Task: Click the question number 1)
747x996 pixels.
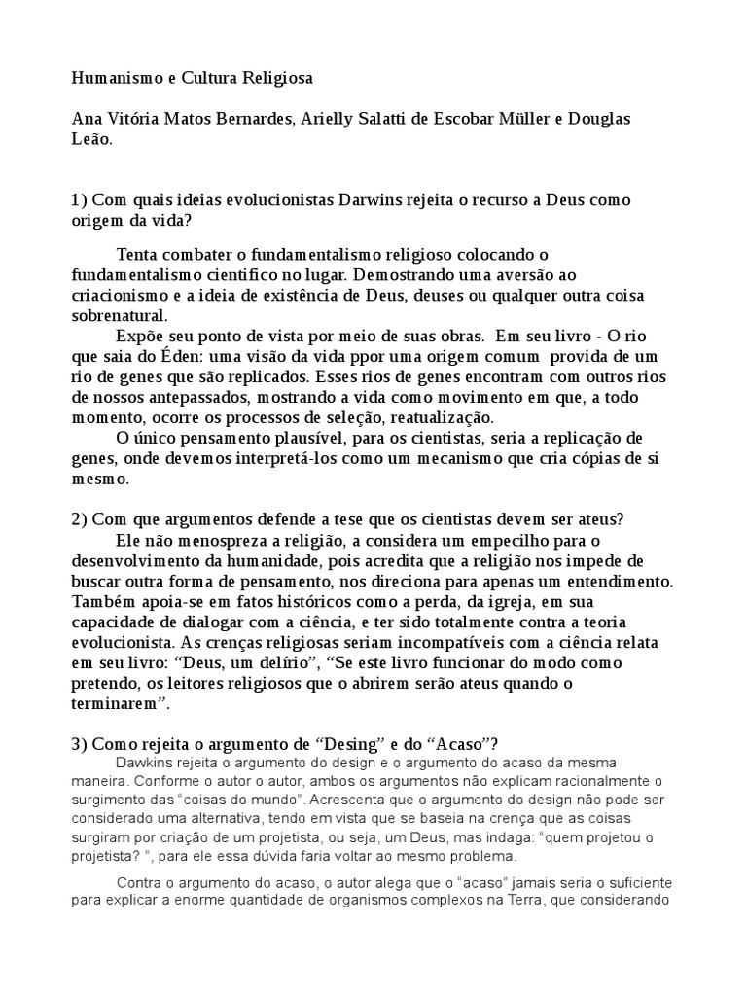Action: tap(80, 199)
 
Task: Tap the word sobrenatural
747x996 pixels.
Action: tap(120, 315)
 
